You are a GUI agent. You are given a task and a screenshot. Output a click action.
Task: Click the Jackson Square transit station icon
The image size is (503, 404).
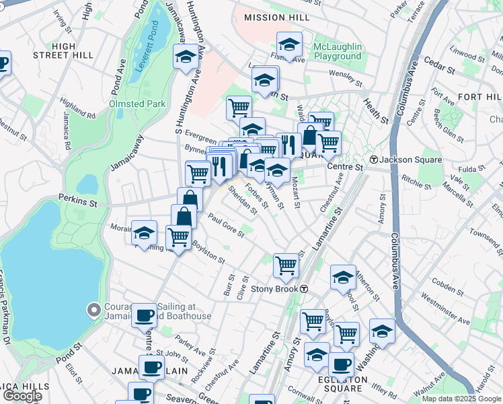point(373,160)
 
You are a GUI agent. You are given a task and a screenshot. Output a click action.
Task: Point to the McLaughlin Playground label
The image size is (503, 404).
point(338,51)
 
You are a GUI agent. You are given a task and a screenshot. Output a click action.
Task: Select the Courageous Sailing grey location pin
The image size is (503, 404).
point(94,310)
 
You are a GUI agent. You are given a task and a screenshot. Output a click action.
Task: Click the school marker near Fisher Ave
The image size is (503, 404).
point(290,45)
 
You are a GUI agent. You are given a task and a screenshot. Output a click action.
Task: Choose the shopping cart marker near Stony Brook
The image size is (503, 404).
point(286,265)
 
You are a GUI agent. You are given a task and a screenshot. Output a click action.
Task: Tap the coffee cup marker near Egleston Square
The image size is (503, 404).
point(341,364)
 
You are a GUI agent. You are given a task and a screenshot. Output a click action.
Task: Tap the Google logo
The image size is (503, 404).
point(23,396)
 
